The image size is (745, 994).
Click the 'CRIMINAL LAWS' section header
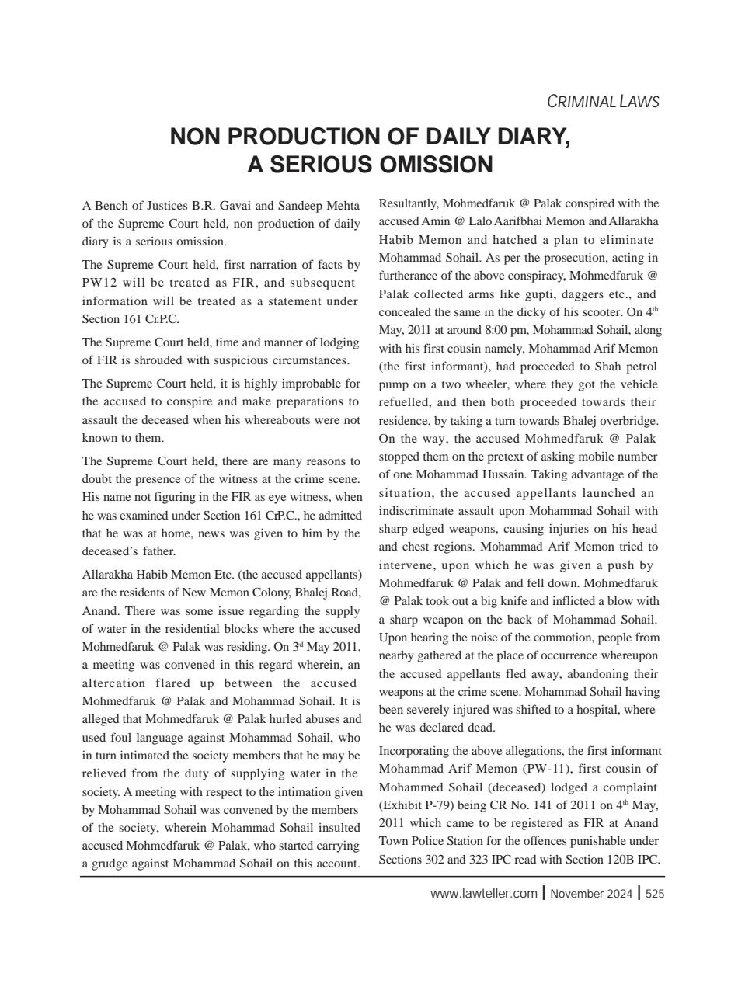click(x=603, y=102)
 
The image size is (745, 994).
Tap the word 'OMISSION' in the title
click(x=435, y=165)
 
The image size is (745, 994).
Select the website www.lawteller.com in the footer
click(x=483, y=893)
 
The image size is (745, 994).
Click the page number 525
click(x=655, y=894)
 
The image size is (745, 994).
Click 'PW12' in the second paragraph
click(x=99, y=283)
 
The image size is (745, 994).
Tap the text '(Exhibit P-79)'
click(x=414, y=805)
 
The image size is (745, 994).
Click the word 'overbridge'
click(x=630, y=421)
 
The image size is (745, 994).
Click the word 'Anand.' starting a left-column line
click(x=99, y=610)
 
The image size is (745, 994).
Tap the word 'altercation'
click(x=113, y=683)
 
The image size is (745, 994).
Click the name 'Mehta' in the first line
click(x=342, y=206)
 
